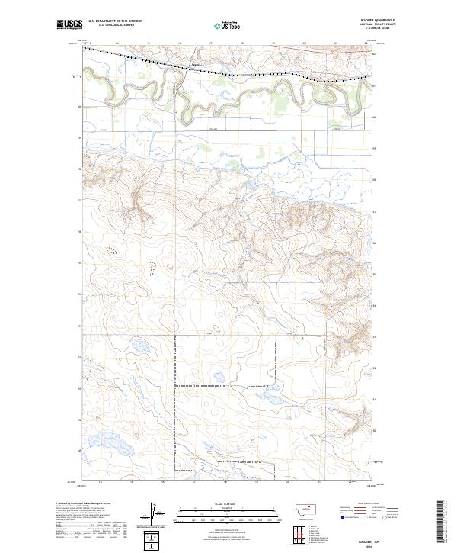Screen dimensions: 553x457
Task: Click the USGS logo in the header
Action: (69, 24)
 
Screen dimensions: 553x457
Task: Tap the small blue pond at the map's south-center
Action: (218, 375)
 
